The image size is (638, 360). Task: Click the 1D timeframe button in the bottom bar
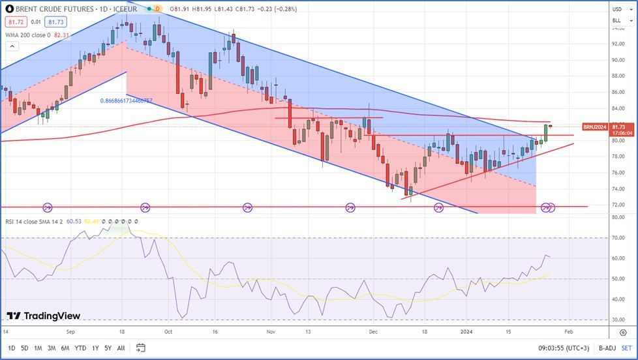pos(12,348)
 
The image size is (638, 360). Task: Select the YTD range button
pos(80,348)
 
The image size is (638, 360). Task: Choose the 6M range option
pos(65,348)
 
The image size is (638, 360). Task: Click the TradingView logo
pos(44,316)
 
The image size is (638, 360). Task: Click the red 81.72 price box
pos(12,22)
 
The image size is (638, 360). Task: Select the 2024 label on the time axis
pos(467,332)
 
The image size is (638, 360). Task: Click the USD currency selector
pos(616,9)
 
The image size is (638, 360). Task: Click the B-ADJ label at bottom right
pos(607,348)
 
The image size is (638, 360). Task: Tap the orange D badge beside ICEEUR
pos(157,9)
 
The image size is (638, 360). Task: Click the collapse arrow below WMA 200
pos(11,46)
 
